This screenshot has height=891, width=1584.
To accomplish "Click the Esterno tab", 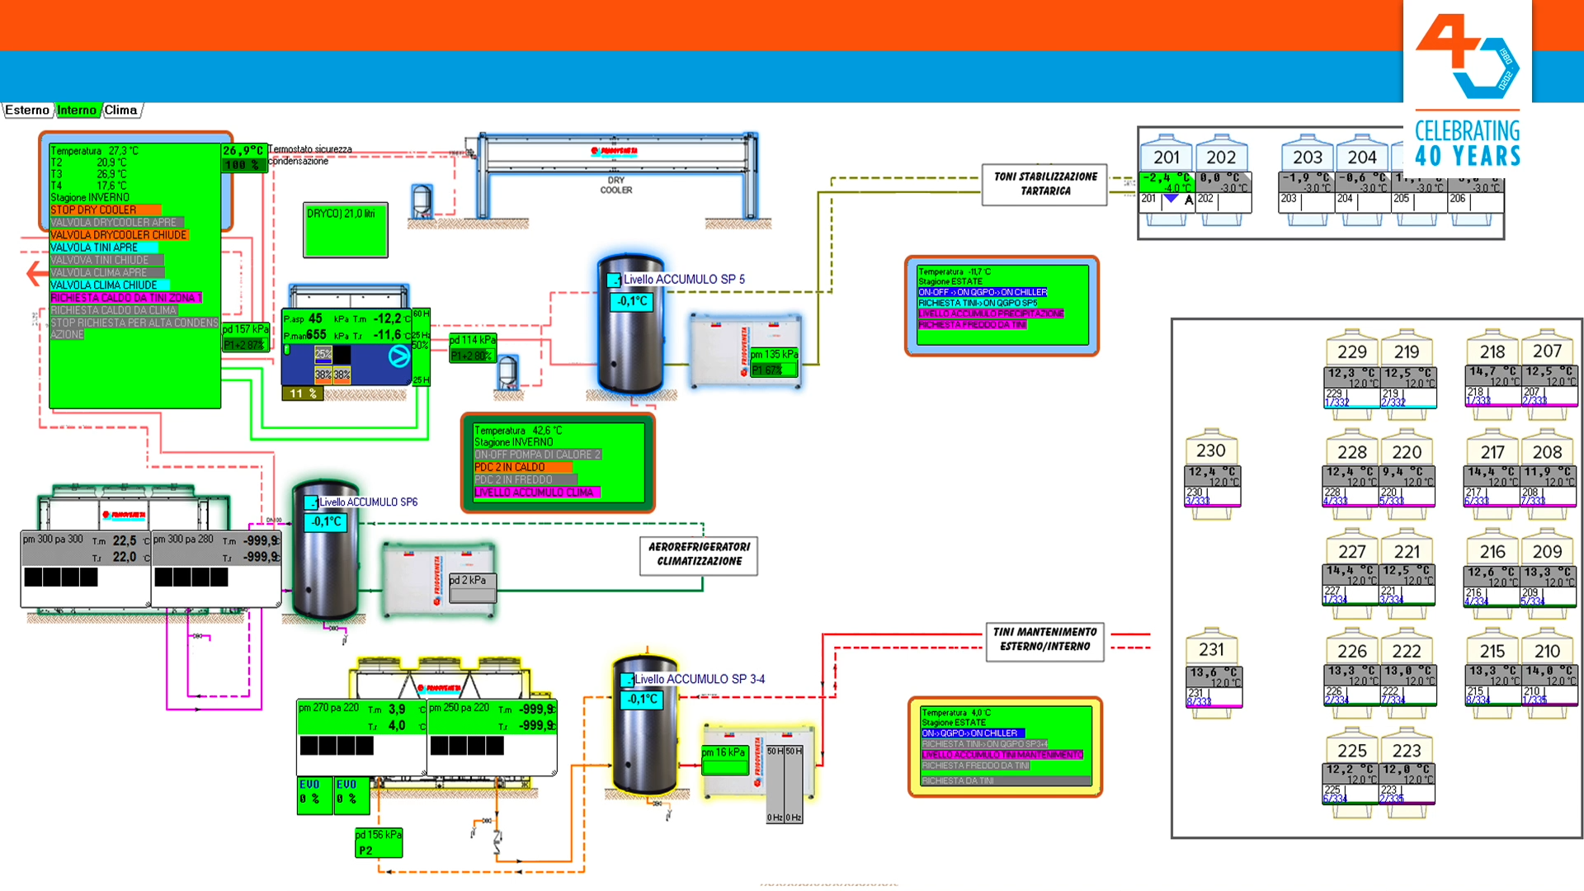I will pos(27,111).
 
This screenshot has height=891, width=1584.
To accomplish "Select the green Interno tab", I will pos(77,111).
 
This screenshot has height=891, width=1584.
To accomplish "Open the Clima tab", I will pos(121,111).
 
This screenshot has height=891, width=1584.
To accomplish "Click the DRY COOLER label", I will pos(615,185).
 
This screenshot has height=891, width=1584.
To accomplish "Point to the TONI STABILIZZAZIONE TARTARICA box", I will pos(1044,184).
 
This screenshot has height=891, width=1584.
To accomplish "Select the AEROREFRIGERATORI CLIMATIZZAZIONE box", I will pos(699,554).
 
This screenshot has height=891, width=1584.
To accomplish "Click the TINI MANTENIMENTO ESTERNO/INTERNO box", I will pos(1044,639).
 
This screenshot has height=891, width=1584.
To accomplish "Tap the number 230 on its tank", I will pos(1210,451).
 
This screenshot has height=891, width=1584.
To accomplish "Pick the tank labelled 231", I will pos(1210,650).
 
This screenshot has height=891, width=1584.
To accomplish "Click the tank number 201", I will pos(1166,158).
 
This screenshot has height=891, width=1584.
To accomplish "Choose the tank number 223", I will pos(1406,751).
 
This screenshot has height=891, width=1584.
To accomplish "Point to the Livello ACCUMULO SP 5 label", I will pos(684,280).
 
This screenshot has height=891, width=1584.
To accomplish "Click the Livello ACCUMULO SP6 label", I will pos(368,502).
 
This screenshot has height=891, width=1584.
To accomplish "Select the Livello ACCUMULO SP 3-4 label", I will pos(700,679).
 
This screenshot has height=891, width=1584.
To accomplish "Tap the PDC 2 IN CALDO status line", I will pos(510,467).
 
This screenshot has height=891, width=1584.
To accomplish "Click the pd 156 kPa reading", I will pos(379,835).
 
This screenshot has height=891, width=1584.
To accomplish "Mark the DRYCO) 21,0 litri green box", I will pos(345,230).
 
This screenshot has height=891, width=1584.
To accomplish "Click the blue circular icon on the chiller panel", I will pos(398,356).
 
